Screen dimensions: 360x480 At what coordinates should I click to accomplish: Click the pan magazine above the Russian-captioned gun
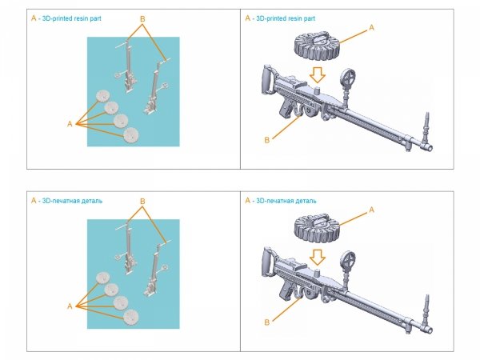coord(318,226)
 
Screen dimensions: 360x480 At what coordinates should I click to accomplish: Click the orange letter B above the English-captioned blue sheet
coord(142,18)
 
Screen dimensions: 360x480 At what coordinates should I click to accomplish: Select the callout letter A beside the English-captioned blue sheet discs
coord(70,125)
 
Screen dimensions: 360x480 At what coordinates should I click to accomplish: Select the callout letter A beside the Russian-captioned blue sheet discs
coord(70,306)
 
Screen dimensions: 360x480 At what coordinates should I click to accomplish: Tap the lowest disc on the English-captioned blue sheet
coord(129,134)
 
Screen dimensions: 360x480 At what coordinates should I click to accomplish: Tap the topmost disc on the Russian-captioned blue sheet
coord(102,278)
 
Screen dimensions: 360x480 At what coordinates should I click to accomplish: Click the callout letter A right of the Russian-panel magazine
coord(370,210)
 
